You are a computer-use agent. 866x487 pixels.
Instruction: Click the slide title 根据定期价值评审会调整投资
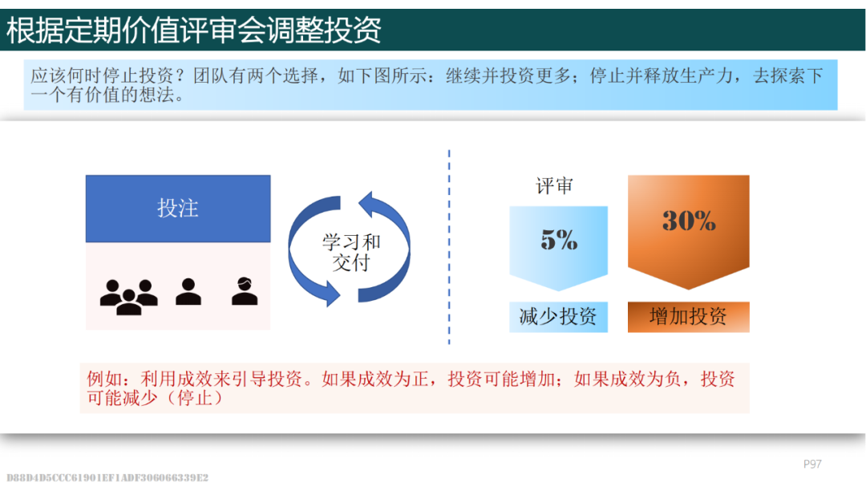193,30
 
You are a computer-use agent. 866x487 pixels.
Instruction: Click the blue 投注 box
178,209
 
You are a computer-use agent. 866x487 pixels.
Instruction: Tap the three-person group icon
128,297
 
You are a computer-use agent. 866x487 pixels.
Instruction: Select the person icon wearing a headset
245,290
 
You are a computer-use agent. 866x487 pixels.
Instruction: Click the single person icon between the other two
188,291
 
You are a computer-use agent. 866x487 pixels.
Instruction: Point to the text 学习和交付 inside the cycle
351,252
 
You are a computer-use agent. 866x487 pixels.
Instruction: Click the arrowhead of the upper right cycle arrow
368,204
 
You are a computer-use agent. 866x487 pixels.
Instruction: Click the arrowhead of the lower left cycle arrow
331,293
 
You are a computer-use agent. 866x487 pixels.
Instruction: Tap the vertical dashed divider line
449,247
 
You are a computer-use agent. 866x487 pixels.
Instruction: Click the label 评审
555,186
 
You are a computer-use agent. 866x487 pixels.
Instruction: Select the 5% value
559,239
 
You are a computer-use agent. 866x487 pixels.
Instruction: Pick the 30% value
689,221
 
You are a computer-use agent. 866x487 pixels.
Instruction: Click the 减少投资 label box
558,317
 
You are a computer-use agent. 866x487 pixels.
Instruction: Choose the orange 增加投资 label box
689,317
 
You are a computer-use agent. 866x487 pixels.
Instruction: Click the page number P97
812,464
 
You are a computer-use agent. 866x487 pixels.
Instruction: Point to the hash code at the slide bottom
107,477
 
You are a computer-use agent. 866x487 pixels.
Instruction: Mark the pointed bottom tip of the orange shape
688,289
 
